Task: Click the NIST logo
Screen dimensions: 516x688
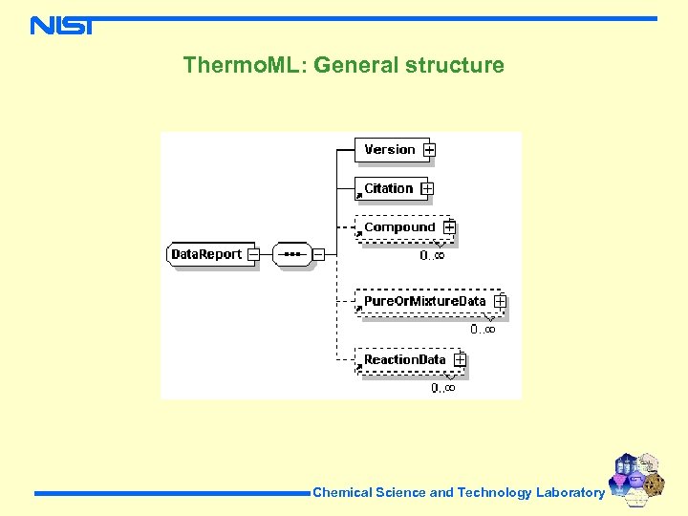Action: pos(61,25)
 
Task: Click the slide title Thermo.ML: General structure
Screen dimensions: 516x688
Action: pos(343,65)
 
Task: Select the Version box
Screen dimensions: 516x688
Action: pos(389,149)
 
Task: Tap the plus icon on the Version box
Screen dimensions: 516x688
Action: pos(430,150)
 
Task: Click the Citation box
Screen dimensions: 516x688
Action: pos(388,188)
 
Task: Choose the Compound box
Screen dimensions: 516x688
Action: pos(398,227)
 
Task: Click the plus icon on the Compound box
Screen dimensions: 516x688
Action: pos(449,228)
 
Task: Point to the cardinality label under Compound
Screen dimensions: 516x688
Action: pos(433,255)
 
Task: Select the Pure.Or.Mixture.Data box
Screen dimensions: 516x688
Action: pos(424,301)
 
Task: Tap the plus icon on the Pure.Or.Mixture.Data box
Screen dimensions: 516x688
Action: pos(500,301)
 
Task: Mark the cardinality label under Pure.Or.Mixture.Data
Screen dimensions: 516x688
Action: pos(483,329)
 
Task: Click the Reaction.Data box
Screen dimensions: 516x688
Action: pos(404,359)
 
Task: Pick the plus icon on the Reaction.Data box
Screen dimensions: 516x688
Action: pos(460,360)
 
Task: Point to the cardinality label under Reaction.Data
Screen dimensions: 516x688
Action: pos(442,387)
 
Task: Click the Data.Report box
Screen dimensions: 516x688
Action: pos(205,254)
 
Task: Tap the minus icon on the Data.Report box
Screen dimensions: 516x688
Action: pos(253,254)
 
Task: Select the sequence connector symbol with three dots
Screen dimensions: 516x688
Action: pos(292,254)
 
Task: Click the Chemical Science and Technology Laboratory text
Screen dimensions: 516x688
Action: pos(459,493)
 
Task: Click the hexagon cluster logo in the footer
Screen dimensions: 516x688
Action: pos(636,480)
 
